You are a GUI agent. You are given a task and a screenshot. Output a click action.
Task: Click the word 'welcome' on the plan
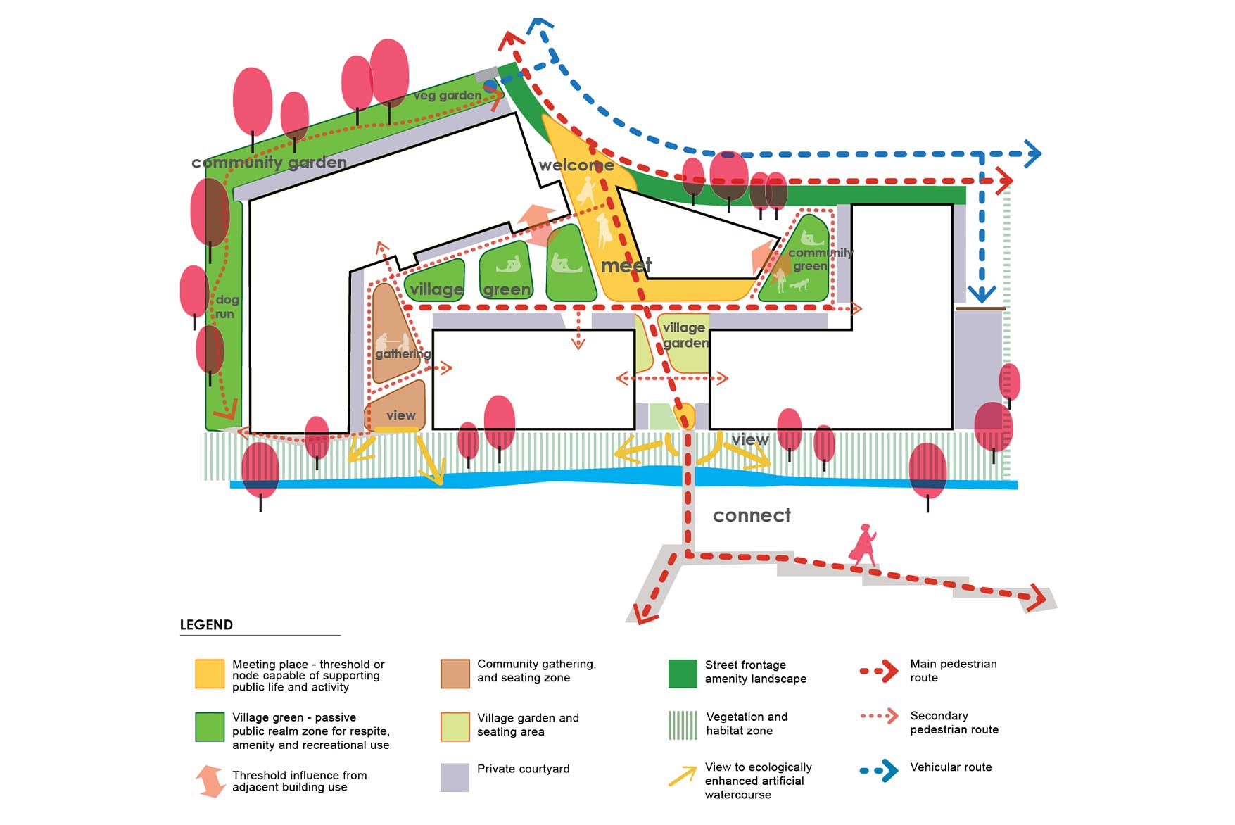click(576, 165)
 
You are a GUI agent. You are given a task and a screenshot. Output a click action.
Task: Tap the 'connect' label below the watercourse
click(752, 515)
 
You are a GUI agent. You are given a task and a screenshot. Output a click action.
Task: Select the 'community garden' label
click(269, 163)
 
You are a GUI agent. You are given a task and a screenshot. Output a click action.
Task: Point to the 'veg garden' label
click(448, 95)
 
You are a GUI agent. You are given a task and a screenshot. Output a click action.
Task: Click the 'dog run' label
click(226, 307)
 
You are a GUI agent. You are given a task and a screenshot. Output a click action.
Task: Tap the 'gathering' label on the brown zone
click(403, 353)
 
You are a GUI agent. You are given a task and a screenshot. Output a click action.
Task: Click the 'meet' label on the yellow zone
click(626, 265)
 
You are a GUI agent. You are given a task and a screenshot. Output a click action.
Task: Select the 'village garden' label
click(685, 335)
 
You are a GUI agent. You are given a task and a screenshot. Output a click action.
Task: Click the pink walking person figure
click(864, 545)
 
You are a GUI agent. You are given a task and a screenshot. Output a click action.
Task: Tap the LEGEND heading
click(206, 625)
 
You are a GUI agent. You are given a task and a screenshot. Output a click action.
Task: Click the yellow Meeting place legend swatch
click(210, 674)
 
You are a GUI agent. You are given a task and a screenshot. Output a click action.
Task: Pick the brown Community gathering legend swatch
click(455, 674)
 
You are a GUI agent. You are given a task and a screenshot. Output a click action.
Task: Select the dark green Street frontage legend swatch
click(682, 674)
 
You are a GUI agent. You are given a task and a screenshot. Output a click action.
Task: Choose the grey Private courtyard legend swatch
click(455, 777)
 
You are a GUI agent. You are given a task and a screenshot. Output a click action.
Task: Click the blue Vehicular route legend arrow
click(880, 770)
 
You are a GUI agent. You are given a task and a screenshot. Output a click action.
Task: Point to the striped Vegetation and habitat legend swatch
click(682, 725)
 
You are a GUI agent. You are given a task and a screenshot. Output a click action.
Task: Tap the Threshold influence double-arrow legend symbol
click(210, 781)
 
